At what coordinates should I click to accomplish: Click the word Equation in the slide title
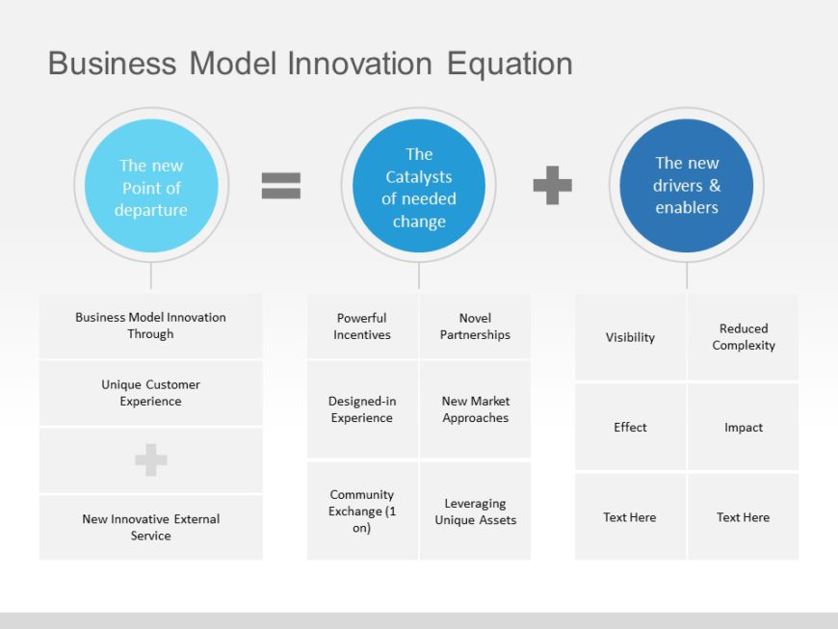point(510,64)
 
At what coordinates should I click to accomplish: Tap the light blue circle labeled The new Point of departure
point(151,186)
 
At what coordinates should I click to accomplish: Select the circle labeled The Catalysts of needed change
point(418,186)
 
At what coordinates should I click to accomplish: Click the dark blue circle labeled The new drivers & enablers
point(686,186)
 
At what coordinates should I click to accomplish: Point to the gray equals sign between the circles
point(281,185)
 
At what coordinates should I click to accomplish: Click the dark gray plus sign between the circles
point(552,185)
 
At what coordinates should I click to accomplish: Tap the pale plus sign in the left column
point(150,460)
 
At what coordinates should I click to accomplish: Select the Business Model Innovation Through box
point(150,326)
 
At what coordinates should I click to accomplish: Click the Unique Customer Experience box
point(150,393)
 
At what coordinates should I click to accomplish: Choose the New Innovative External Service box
point(150,527)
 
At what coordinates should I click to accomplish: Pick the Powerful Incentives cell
point(362,327)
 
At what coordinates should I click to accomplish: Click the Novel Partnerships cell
point(475,327)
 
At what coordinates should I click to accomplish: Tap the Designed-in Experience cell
point(362,409)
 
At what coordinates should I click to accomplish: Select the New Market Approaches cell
point(475,409)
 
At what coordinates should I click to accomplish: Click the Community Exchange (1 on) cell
point(362,511)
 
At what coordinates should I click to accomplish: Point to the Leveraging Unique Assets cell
point(475,511)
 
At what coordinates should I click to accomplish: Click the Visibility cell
point(630,337)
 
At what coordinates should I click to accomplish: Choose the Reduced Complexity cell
point(743,337)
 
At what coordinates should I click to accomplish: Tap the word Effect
point(630,428)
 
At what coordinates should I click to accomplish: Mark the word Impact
point(743,428)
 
